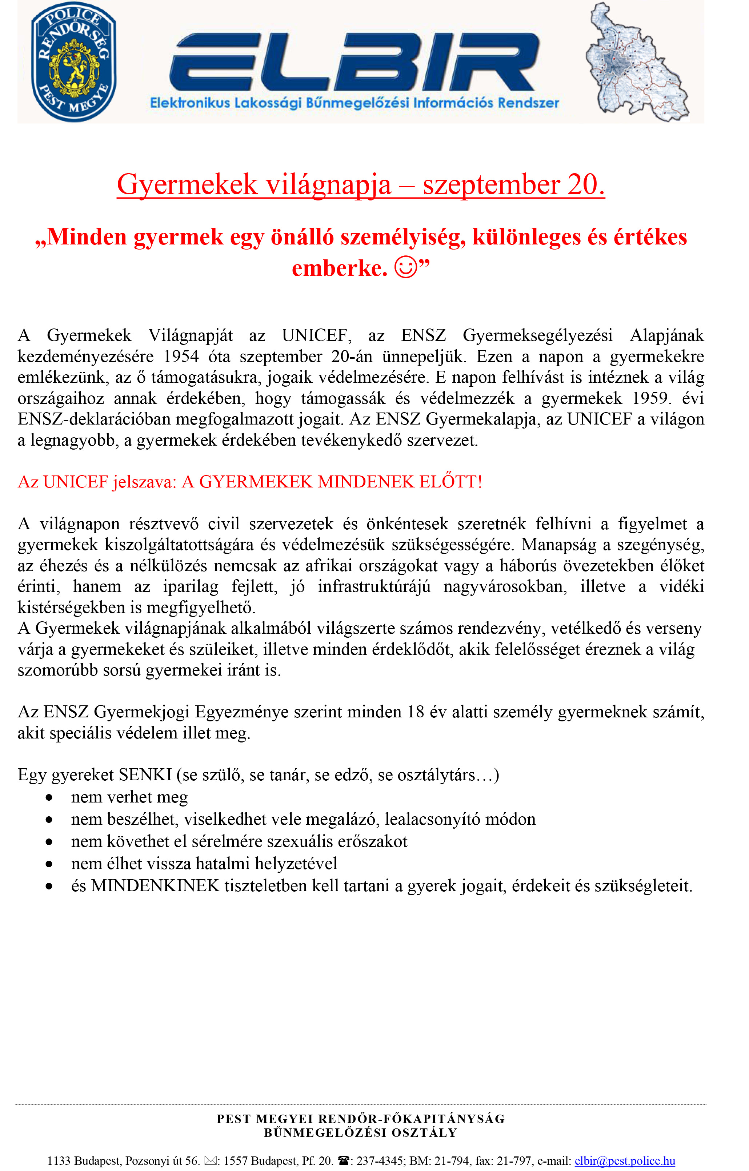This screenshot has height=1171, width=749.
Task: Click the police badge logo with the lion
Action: point(73,62)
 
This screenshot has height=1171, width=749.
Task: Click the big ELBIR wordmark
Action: point(354,62)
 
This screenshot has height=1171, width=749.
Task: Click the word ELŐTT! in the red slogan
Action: point(450,482)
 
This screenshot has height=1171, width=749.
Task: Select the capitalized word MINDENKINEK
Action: point(155,885)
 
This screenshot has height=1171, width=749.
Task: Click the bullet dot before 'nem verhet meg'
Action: point(49,798)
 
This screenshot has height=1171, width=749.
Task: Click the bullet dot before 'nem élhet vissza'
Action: point(49,864)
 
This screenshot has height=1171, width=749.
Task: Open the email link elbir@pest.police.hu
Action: point(625,1161)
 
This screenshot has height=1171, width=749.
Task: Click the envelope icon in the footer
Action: point(210,1161)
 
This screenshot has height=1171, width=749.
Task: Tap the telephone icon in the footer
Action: point(343,1161)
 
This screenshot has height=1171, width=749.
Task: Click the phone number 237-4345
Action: point(379,1161)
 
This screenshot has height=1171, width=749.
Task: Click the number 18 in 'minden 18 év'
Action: point(416,712)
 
